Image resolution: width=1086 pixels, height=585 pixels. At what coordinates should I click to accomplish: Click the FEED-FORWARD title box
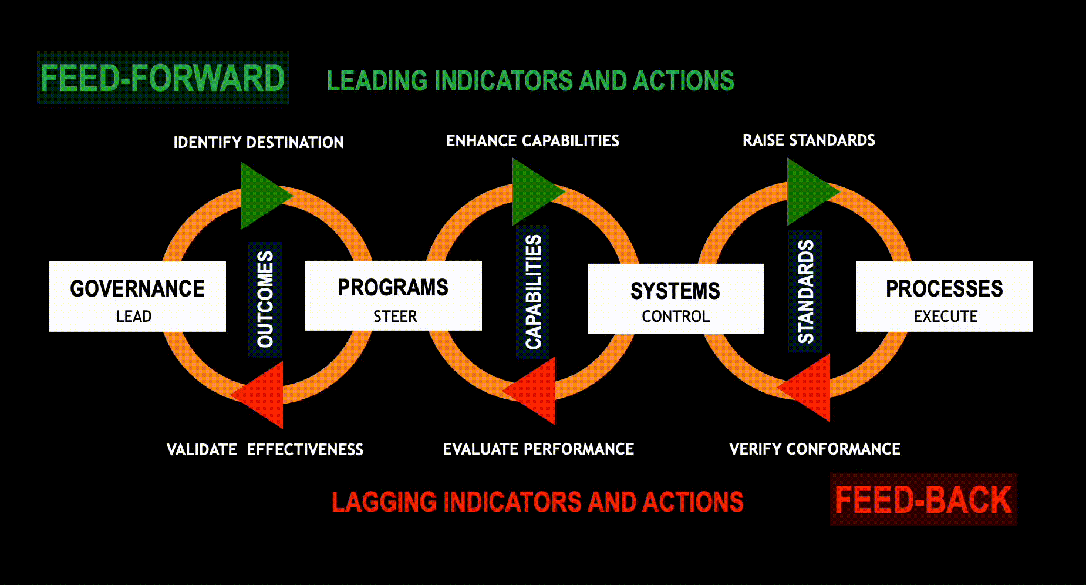pos(163,78)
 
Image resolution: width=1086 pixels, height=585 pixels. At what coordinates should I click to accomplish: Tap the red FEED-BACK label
pos(923,499)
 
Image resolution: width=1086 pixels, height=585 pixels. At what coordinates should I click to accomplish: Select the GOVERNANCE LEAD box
pos(137,297)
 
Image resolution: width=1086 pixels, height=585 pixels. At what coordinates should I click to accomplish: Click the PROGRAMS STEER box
pos(393,296)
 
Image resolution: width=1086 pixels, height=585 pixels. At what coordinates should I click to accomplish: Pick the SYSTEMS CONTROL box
pos(676,299)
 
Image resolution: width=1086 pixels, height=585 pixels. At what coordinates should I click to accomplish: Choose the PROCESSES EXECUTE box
pos(945,297)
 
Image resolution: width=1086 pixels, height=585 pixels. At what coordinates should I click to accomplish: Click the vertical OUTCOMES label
pos(265,300)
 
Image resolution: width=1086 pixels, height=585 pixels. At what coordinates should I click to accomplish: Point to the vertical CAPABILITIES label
pos(533,292)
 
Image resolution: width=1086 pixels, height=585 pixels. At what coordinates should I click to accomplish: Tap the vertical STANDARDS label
pos(805,291)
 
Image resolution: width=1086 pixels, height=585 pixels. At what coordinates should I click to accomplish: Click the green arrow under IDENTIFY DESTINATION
pos(262,196)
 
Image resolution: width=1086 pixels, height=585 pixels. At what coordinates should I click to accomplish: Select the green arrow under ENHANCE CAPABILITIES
pos(534,192)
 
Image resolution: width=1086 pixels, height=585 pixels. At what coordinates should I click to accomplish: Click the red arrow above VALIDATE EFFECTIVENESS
pos(261,395)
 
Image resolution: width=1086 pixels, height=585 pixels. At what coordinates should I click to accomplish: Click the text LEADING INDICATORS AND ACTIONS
pos(530,81)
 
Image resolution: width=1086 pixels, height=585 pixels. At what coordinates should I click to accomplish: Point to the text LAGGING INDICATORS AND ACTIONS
pos(538,502)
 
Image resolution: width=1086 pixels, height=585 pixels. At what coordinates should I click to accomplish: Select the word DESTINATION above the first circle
pos(295,142)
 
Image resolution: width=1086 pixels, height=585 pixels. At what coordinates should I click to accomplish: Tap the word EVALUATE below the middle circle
pos(481,449)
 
